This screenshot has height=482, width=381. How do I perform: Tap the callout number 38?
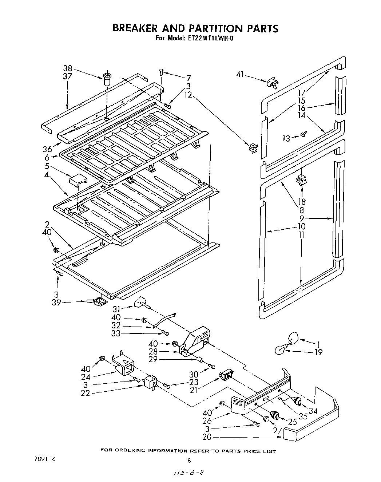pyautogui.click(x=68, y=68)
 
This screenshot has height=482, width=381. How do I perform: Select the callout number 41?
pyautogui.click(x=240, y=75)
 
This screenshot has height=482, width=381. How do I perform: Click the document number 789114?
pyautogui.click(x=44, y=460)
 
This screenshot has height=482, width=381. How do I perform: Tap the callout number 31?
pyautogui.click(x=116, y=309)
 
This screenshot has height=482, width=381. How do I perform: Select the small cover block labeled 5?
pyautogui.click(x=78, y=180)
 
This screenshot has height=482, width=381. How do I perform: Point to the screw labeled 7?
pyautogui.click(x=161, y=72)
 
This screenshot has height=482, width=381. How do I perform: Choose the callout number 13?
pyautogui.click(x=286, y=138)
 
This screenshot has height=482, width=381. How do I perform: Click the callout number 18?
pyautogui.click(x=302, y=201)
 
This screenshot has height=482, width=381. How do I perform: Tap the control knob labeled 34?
pyautogui.click(x=297, y=401)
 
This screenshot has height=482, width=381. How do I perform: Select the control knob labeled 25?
pyautogui.click(x=275, y=414)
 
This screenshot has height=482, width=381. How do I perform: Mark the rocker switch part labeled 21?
pyautogui.click(x=226, y=375)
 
